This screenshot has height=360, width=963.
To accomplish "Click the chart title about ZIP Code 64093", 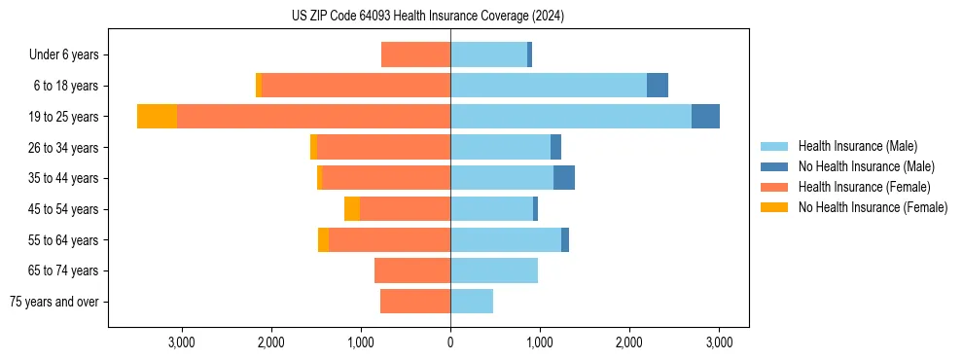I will [428, 17].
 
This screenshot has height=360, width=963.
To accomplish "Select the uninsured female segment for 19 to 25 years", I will [157, 117].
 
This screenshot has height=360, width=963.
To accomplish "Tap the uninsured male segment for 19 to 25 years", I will [705, 117].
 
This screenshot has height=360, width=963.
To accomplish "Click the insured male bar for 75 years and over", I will [472, 302].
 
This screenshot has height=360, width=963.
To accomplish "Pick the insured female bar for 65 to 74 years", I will [412, 270].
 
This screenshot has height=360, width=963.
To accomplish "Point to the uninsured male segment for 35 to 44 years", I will [564, 178].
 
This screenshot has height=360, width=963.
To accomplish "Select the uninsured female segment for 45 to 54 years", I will [352, 209].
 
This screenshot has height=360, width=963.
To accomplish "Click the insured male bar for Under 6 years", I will [488, 54].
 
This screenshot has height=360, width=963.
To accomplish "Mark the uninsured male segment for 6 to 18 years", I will [658, 86].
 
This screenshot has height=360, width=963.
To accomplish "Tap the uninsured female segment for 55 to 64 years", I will [323, 240].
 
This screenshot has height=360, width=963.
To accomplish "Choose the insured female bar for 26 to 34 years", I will [383, 147].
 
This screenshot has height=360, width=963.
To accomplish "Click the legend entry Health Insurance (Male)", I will [857, 147].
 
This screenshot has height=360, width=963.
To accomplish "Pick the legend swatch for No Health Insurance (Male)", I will [774, 166].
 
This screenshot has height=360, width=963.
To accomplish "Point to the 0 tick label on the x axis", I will [450, 342].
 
